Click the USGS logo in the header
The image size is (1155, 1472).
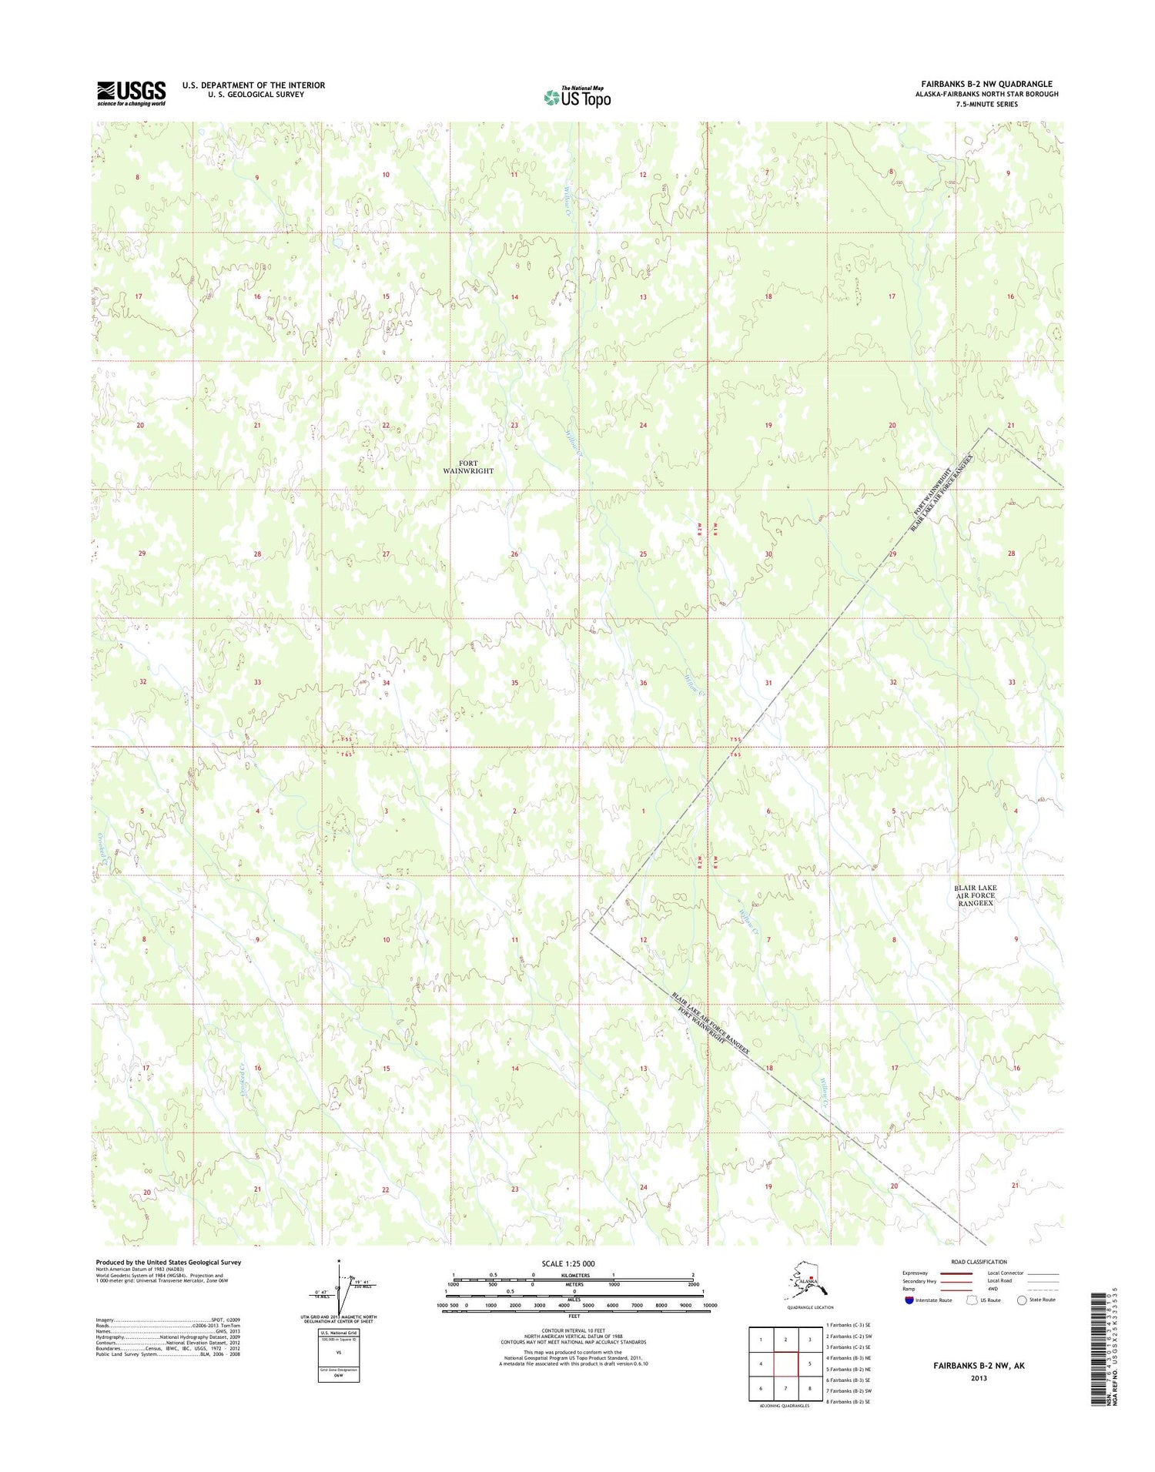(131, 93)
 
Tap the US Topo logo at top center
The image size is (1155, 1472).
(577, 97)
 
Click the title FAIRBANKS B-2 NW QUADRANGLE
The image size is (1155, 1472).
(986, 84)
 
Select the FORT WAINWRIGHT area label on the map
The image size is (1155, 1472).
(468, 467)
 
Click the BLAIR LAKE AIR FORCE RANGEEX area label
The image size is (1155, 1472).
(976, 895)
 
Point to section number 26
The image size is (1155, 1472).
(514, 554)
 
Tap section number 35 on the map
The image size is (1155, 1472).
(514, 683)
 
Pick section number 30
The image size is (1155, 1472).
(768, 554)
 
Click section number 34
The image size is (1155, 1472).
(386, 683)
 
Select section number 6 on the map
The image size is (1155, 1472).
(768, 811)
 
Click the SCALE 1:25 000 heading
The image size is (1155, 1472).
(567, 1263)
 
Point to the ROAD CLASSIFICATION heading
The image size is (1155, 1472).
(979, 1262)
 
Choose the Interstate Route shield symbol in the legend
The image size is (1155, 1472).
(909, 1300)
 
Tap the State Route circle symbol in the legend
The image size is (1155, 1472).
(1022, 1300)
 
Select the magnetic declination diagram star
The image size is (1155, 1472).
(339, 1261)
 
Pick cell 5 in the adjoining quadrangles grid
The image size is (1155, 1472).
(809, 1363)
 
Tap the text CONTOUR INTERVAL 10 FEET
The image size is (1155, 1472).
(574, 1330)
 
